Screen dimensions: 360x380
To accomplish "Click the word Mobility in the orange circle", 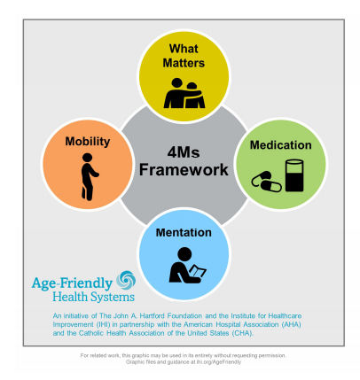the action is [88, 142].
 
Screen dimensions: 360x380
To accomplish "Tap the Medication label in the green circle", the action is [281, 145].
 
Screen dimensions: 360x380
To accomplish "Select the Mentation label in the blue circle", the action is [184, 233].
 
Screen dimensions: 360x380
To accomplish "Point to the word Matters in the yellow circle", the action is [184, 63].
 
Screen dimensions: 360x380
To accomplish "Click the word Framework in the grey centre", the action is [184, 170].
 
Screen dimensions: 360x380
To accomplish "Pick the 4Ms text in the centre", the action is [184, 152].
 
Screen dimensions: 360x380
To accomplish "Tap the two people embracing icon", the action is [184, 93].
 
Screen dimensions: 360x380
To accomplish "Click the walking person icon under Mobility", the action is [89, 177].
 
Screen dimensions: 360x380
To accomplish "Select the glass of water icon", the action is [294, 175].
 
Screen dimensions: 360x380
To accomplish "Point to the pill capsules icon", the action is [266, 182].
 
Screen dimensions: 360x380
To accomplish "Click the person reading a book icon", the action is [187, 266].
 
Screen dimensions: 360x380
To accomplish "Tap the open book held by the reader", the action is [198, 271].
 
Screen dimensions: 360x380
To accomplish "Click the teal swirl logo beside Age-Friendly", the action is [126, 280].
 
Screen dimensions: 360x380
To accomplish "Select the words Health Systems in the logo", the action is [93, 297].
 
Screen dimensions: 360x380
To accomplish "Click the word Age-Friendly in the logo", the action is [72, 283].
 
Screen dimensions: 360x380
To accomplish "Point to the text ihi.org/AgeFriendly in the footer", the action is [219, 362].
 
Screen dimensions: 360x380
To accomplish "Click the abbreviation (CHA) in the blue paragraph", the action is [242, 333].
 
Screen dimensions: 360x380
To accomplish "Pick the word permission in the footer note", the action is [272, 355].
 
